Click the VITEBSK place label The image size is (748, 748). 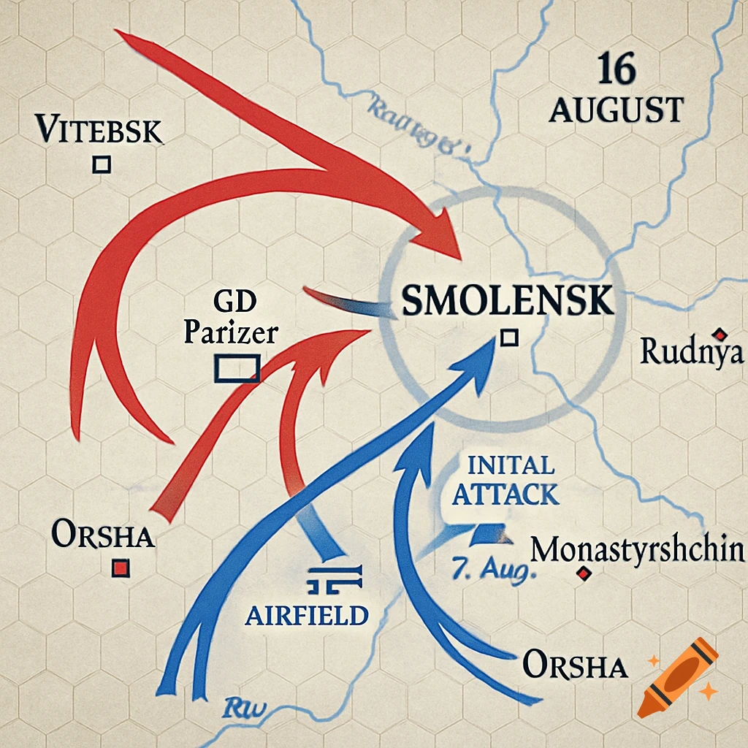pos(99,131)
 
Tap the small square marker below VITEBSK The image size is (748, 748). pos(102,164)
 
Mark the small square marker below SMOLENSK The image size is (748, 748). pos(509,337)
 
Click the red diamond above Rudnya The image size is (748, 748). pos(720,335)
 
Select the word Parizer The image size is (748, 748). pos(230,332)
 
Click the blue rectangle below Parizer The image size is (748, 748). pos(237,368)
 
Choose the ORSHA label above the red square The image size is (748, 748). pos(103,535)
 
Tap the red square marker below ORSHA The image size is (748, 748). pos(121,568)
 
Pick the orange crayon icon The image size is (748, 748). pos(677,676)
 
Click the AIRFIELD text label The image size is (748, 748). pos(306,615)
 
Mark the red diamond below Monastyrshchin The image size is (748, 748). pos(583,574)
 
